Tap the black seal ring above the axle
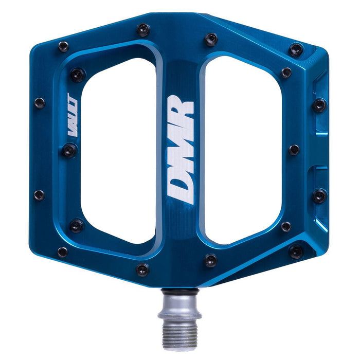coord(179,292)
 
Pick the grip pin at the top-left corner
coord(63,46)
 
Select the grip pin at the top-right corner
coord(296,49)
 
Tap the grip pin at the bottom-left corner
coord(62,252)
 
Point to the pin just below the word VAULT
coord(69,150)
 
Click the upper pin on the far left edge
coord(40,102)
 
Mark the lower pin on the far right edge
coord(319,195)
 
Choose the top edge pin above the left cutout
coord(143,30)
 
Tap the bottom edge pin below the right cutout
coord(211,260)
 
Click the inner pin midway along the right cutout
coord(294,150)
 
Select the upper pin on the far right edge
coord(319,105)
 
